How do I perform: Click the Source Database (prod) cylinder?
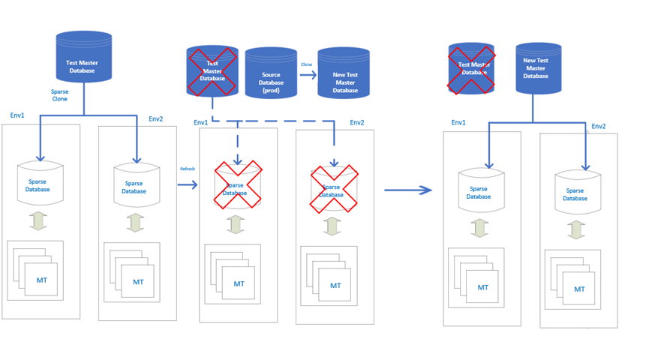pos(271,73)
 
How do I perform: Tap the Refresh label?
pos(187,169)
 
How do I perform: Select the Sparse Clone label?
pos(59,95)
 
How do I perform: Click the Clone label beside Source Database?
pos(306,65)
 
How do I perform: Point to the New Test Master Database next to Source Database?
pos(344,74)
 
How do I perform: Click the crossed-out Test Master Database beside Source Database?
pos(212,71)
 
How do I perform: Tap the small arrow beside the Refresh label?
pos(187,181)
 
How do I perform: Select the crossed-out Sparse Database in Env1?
pos(238,184)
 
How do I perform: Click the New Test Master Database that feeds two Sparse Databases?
pos(536,68)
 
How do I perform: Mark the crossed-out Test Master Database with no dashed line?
pos(471,70)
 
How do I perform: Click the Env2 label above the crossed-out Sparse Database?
pos(357,123)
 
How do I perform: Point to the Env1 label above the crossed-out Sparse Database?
pos(201,123)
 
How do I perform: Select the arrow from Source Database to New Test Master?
pos(307,75)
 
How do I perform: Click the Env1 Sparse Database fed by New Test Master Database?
pos(480,192)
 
